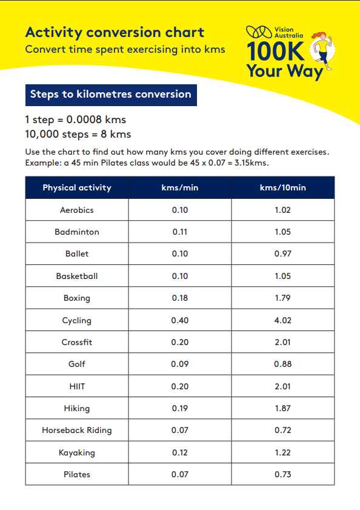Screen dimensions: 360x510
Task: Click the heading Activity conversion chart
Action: (x=115, y=33)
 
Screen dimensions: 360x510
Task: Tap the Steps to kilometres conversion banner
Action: (x=110, y=95)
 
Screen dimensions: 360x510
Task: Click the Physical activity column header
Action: (x=77, y=187)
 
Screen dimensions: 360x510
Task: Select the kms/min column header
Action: (x=179, y=187)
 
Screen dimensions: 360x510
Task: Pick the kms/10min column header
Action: (x=282, y=187)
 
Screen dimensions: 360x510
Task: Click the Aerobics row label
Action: (x=77, y=210)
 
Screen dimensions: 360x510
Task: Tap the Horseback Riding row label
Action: (x=77, y=430)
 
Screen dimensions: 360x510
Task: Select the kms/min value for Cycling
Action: (x=179, y=320)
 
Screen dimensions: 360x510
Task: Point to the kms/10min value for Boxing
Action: (x=282, y=298)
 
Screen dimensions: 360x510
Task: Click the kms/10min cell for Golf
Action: (x=282, y=364)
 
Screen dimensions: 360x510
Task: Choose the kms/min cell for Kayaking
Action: (x=179, y=452)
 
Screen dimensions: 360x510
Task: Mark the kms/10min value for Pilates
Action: (x=282, y=474)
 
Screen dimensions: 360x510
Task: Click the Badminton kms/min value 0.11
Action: (x=179, y=232)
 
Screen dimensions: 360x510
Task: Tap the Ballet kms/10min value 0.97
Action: (x=282, y=253)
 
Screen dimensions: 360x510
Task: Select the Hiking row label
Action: (x=77, y=408)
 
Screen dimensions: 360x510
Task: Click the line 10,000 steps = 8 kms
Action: (x=78, y=134)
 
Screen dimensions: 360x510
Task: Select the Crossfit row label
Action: (x=77, y=342)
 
